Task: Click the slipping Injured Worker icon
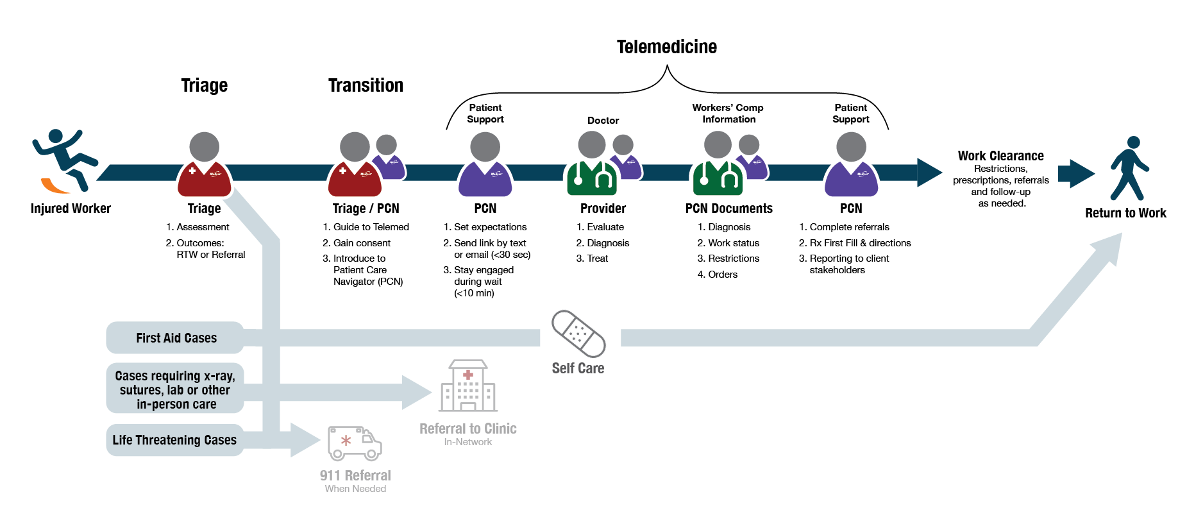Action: tap(64, 160)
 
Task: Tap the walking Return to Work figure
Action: tap(1130, 168)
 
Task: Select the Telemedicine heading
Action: tap(667, 47)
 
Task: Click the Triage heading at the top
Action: tap(204, 85)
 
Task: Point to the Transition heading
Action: tap(366, 85)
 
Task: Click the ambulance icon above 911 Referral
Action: tap(354, 443)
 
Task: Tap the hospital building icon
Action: tap(468, 386)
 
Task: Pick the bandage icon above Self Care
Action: tap(578, 334)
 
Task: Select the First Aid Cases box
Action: tap(175, 338)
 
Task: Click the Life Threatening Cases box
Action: tap(174, 440)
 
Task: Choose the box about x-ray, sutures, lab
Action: tap(175, 389)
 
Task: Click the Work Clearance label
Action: tap(1000, 156)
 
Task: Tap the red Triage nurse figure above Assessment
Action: tap(204, 165)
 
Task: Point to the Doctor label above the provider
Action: tap(603, 121)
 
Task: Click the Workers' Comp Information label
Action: tap(728, 114)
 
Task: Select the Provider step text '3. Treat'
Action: tap(592, 258)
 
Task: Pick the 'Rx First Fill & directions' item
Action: tap(855, 243)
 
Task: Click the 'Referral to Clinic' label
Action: tap(468, 428)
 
